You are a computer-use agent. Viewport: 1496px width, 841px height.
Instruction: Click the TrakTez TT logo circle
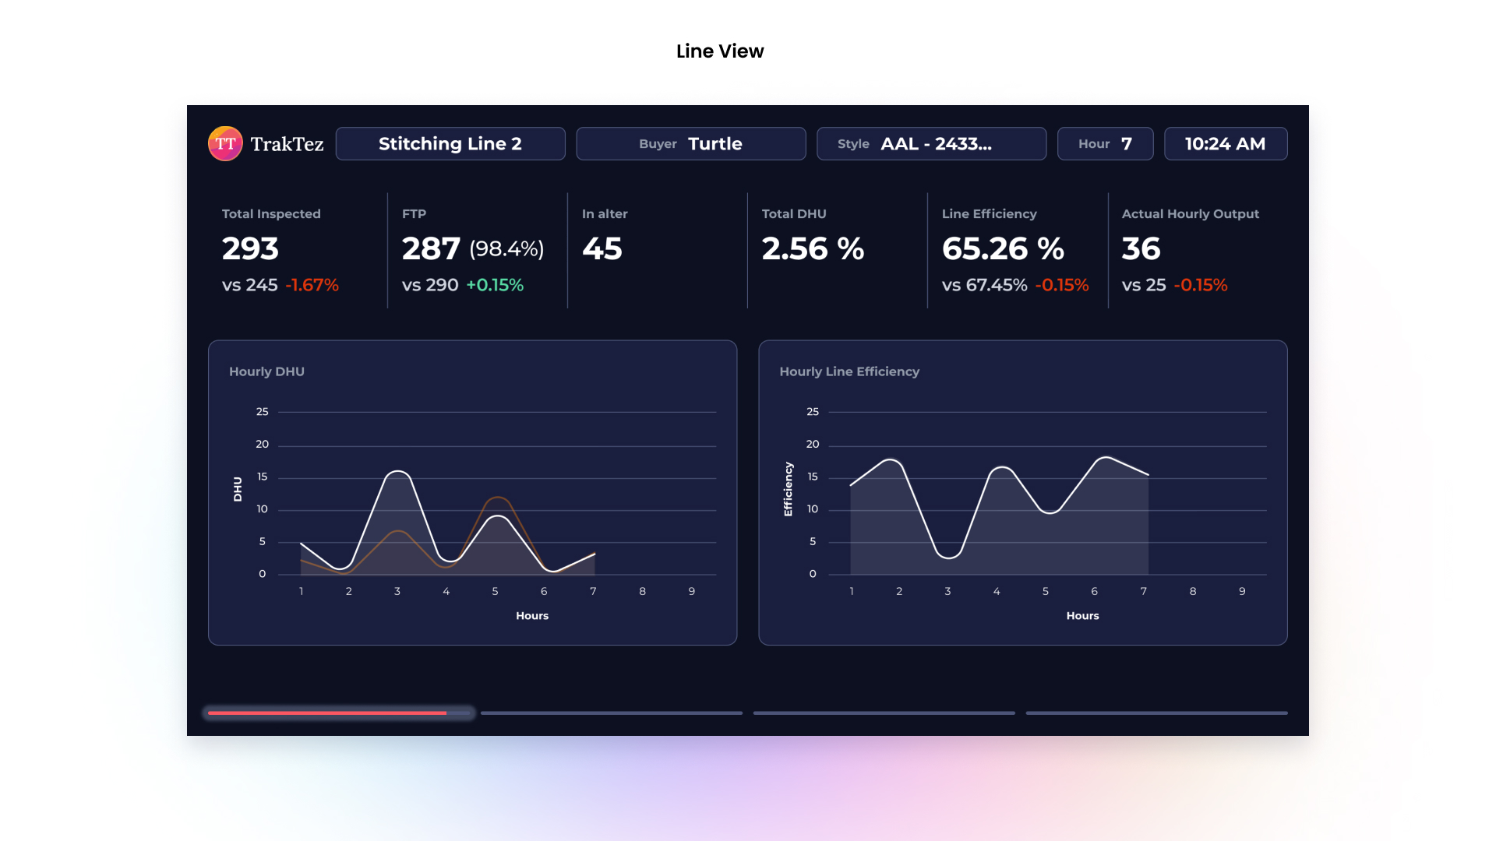click(x=225, y=144)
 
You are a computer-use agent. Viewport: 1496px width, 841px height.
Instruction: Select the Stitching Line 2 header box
click(x=450, y=144)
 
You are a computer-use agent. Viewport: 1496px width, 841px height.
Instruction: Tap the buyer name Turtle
click(x=714, y=144)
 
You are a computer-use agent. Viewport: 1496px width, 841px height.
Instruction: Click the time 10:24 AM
click(x=1225, y=144)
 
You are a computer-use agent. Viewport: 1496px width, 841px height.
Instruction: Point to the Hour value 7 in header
click(x=1126, y=144)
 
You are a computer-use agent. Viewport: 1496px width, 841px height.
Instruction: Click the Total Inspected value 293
click(x=250, y=249)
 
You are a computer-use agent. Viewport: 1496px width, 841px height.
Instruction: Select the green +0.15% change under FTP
click(x=495, y=285)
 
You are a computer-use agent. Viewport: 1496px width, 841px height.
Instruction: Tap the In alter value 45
click(x=602, y=249)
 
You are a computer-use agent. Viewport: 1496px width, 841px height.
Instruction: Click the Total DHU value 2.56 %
click(x=813, y=249)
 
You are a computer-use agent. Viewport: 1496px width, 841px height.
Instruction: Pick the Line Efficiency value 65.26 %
click(x=1003, y=249)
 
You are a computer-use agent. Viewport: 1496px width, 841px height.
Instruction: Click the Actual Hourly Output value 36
click(x=1141, y=249)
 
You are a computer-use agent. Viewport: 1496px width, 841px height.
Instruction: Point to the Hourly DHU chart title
click(x=266, y=371)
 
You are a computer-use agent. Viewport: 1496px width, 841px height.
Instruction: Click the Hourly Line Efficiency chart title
click(x=849, y=371)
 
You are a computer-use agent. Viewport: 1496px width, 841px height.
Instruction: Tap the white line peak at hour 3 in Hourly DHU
click(x=398, y=472)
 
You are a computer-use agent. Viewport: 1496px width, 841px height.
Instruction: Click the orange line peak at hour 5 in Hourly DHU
click(x=497, y=498)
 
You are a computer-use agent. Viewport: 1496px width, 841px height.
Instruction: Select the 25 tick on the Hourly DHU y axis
click(x=262, y=412)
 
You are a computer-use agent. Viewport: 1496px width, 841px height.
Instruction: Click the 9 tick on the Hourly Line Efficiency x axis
click(x=1242, y=592)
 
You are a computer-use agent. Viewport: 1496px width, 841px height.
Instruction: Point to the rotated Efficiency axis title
click(x=788, y=489)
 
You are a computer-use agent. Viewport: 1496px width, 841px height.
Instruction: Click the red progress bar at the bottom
click(x=327, y=713)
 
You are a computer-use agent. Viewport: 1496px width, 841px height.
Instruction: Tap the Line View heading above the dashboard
click(x=720, y=51)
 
